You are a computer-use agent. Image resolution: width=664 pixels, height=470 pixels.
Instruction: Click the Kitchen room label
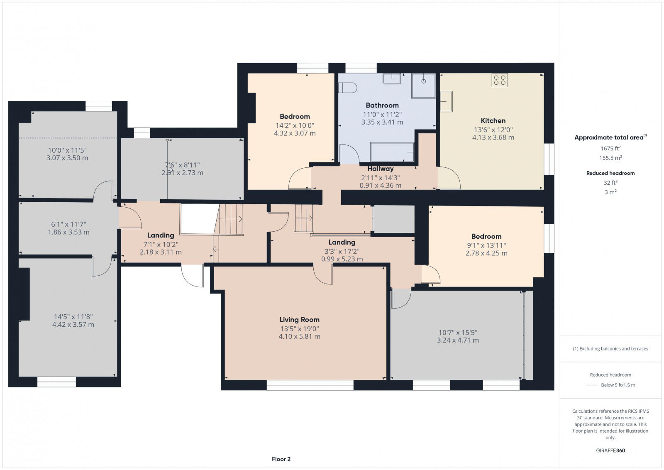tap(493, 120)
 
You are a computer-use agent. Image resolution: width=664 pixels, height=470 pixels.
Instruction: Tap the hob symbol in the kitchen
tap(500, 80)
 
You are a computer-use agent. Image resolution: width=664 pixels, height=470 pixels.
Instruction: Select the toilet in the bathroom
tap(348, 88)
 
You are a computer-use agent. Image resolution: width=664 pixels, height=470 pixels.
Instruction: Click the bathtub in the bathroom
tap(392, 152)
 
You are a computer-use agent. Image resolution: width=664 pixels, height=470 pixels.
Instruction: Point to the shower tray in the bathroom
tap(423, 86)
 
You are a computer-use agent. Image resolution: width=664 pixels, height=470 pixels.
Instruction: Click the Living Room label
tap(299, 320)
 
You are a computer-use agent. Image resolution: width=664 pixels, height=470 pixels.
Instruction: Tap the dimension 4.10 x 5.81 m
tap(299, 337)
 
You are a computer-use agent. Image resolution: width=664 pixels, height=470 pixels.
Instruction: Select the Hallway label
tap(380, 169)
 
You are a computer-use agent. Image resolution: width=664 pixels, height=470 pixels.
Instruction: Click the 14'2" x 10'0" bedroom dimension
tap(295, 125)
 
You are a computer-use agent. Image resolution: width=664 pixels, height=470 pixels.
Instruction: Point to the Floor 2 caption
tap(281, 459)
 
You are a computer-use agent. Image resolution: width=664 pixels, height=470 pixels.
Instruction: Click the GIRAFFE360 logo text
tap(610, 450)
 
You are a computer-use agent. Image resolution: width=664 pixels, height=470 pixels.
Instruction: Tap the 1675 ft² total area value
tap(610, 148)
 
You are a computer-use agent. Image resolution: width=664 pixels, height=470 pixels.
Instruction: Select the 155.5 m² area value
tap(610, 158)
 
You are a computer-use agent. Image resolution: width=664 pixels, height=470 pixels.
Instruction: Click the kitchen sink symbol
tap(446, 101)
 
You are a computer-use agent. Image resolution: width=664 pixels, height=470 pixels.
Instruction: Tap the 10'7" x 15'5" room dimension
tap(458, 332)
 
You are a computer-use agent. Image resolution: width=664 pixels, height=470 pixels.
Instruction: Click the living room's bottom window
tap(310, 385)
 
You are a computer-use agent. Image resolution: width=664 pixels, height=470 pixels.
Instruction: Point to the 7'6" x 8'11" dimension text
tap(182, 164)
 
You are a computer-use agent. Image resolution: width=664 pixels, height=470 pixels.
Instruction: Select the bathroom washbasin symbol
tap(391, 78)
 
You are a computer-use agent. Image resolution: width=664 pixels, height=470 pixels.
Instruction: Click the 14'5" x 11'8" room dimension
tap(73, 316)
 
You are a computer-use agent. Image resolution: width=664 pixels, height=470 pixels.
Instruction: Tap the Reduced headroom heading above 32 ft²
tap(610, 173)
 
